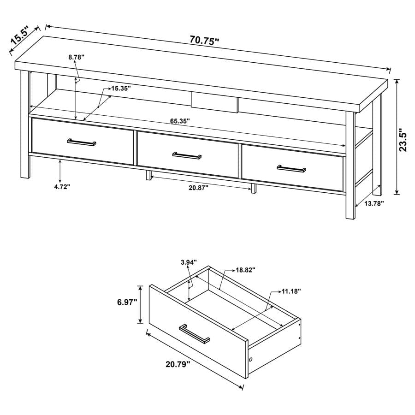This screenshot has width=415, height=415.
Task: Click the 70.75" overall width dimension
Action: (204, 41)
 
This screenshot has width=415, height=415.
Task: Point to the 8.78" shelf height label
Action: (76, 57)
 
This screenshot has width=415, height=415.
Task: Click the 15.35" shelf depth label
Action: (121, 88)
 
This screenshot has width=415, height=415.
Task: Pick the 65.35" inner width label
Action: (180, 121)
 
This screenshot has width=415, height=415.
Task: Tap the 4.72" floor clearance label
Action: (61, 187)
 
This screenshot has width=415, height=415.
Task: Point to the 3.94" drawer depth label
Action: (189, 262)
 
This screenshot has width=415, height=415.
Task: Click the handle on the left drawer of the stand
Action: (82, 142)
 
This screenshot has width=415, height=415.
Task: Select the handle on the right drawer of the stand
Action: (291, 168)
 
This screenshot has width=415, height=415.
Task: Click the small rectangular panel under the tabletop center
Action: (215, 102)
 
